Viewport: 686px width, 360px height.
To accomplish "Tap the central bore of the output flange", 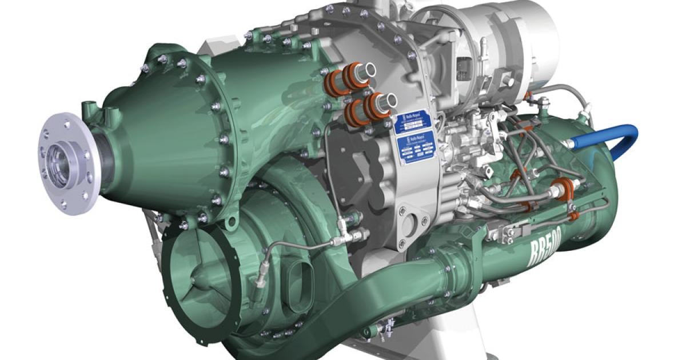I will [x=61, y=163].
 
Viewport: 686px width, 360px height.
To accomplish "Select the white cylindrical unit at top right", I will [x=514, y=34].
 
